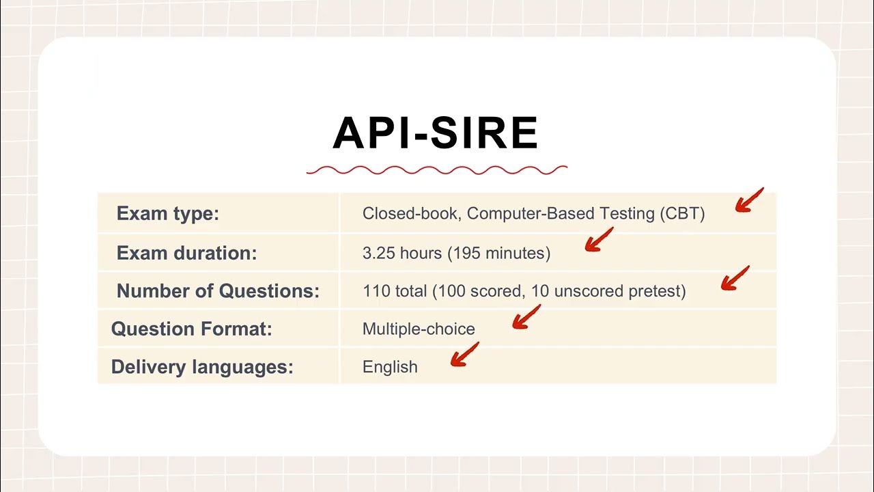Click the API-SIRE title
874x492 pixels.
[x=436, y=133]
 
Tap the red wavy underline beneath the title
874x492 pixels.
[x=436, y=170]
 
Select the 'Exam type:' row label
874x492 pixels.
[x=167, y=213]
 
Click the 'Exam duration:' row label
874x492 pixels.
[x=186, y=253]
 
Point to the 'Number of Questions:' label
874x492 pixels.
[x=218, y=291]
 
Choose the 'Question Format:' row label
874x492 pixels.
[x=191, y=329]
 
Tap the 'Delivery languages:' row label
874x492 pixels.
[x=202, y=367]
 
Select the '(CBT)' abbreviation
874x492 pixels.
[x=682, y=213]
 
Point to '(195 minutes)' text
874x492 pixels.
[x=499, y=253]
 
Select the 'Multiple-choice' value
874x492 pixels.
[x=419, y=329]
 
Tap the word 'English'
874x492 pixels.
[x=390, y=367]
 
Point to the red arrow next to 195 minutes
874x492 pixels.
[x=599, y=241]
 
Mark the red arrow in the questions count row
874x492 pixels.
[x=735, y=279]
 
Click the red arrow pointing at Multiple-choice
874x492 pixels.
[x=526, y=317]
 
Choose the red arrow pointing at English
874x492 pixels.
[x=464, y=355]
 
